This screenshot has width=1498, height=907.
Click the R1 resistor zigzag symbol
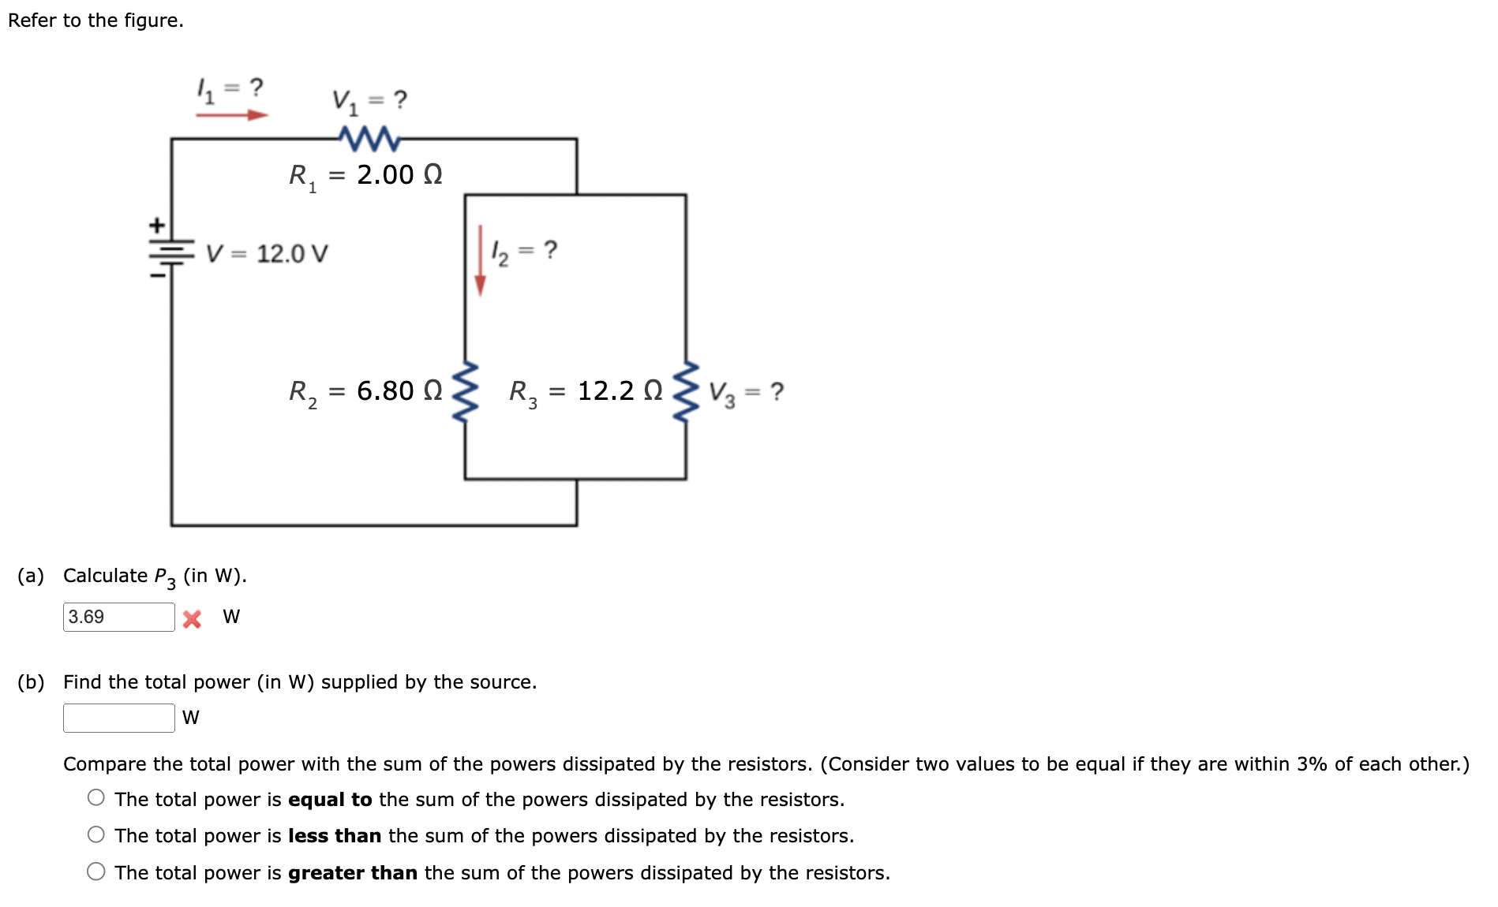(369, 139)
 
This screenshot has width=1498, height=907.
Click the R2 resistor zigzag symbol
(465, 392)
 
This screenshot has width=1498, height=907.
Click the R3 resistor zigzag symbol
(686, 392)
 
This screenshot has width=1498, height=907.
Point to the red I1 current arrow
(232, 115)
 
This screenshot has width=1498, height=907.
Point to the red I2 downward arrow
(480, 260)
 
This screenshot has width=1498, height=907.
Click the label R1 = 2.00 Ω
(365, 175)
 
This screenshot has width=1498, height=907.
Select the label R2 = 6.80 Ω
(365, 391)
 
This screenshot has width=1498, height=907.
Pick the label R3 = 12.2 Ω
(586, 391)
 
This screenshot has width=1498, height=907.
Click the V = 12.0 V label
(267, 253)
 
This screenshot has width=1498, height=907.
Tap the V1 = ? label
(369, 101)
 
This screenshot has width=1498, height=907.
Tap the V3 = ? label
(746, 392)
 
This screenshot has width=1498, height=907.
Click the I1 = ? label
(230, 88)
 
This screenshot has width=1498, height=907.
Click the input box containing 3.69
(118, 617)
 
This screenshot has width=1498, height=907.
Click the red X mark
(192, 618)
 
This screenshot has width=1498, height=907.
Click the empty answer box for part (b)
(118, 718)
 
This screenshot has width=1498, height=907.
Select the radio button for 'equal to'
(96, 797)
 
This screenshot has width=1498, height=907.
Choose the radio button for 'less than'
(96, 834)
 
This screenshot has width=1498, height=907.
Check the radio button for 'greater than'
(96, 872)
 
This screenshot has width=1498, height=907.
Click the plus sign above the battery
(158, 226)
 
